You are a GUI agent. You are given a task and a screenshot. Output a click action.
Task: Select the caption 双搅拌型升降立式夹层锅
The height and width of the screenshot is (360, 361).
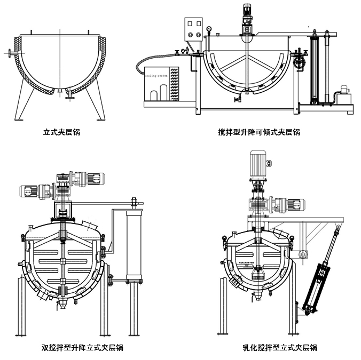coord(82,348)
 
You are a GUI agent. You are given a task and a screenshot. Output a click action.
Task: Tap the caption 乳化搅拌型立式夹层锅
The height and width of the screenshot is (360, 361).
coord(279,348)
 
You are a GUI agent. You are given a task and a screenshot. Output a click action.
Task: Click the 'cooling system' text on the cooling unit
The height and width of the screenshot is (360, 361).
coord(156,76)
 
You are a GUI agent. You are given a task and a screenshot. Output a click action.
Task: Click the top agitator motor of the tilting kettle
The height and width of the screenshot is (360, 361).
coord(247,12)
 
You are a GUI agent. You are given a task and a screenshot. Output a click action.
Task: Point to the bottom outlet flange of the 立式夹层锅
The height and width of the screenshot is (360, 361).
coord(69,97)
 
